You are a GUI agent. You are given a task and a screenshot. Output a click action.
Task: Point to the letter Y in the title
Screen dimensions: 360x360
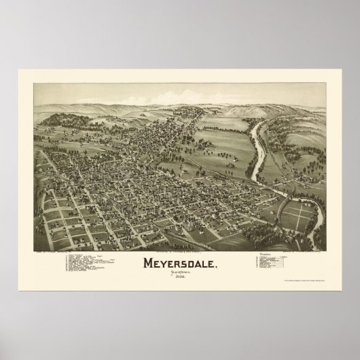pyautogui.click(x=162, y=262)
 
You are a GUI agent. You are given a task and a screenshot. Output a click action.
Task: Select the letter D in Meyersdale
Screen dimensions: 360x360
pyautogui.click(x=192, y=262)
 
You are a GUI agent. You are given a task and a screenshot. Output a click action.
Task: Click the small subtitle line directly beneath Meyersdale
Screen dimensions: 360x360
pyautogui.click(x=181, y=273)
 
